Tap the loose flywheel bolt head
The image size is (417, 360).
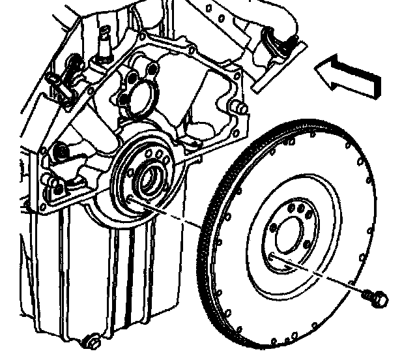[381, 299]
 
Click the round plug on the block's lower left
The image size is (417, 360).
[60, 151]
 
